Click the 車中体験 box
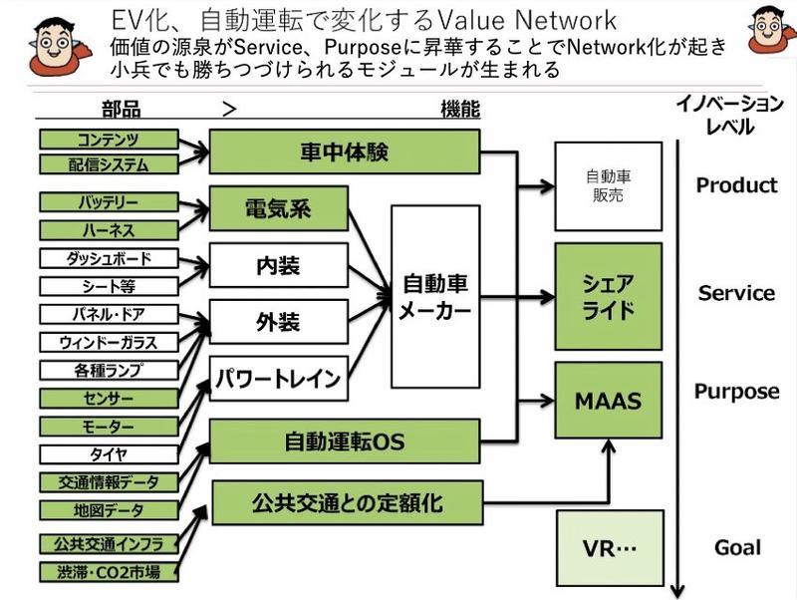tap(344, 153)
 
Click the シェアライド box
tap(608, 296)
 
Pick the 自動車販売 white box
tap(608, 185)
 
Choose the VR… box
tap(608, 548)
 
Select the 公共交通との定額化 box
tap(347, 501)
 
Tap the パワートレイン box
tap(277, 379)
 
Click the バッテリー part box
tap(109, 203)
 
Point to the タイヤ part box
tap(109, 454)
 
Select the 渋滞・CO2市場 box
tap(109, 572)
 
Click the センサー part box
tap(109, 399)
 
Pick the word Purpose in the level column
tap(736, 391)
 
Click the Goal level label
tap(737, 547)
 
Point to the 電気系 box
tap(277, 210)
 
